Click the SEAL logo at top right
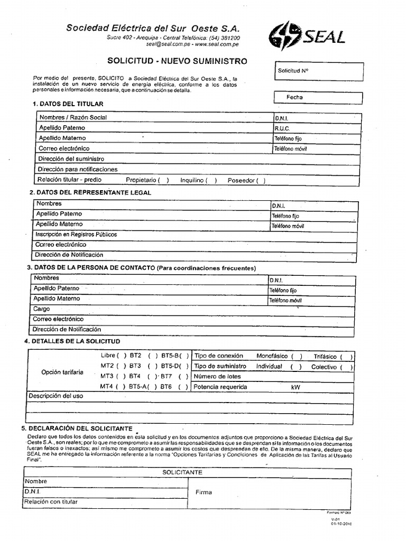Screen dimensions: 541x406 click(x=307, y=36)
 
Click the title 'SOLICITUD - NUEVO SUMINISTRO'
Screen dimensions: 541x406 click(x=177, y=61)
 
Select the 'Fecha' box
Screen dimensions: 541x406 click(x=318, y=98)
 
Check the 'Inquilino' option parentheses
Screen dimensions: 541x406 click(x=211, y=180)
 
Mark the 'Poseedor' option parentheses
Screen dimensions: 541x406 click(x=261, y=180)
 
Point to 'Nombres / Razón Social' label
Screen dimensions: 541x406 click(x=72, y=117)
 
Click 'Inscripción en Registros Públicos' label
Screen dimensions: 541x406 click(x=76, y=235)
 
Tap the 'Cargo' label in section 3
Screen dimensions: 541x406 click(x=42, y=309)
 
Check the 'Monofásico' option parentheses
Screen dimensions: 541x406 click(x=297, y=357)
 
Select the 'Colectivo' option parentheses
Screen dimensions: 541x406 click(x=347, y=367)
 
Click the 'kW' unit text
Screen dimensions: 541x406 click(x=295, y=387)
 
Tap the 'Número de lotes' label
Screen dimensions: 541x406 click(x=217, y=377)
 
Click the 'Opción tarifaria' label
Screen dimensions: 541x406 click(x=62, y=372)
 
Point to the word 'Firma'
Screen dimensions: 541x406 click(x=204, y=492)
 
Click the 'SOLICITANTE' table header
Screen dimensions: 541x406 click(x=182, y=472)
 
